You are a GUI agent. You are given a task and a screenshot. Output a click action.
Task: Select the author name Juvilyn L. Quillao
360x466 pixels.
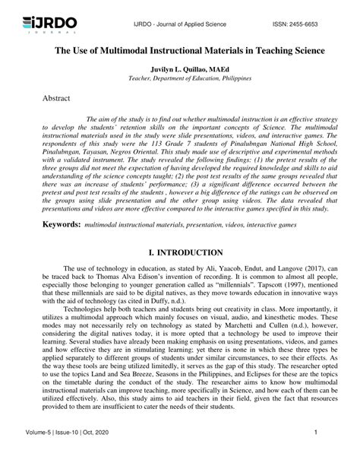pos(179,68)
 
